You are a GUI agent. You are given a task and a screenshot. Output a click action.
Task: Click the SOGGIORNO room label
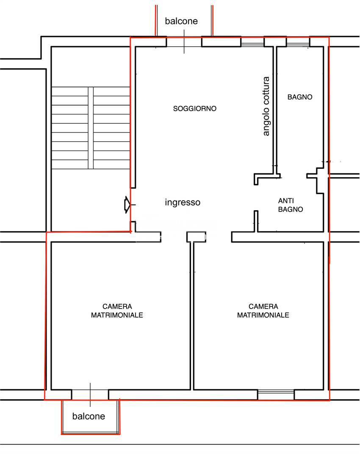[195, 109]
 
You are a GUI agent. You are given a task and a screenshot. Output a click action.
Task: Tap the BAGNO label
[300, 97]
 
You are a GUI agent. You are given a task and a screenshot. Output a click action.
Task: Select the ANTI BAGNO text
[291, 205]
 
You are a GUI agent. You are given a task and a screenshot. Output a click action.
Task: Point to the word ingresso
[183, 202]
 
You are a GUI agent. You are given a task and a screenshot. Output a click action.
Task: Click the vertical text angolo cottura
[266, 106]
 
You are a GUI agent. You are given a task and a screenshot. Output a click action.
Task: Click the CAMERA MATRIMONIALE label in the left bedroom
[117, 311]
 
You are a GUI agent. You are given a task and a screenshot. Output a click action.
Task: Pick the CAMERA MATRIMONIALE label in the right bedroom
[263, 311]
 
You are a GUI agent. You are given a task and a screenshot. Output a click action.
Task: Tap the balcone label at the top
[181, 21]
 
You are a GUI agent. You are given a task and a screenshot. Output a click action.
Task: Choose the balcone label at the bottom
[89, 416]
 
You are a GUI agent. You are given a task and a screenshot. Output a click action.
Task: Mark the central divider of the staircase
[91, 128]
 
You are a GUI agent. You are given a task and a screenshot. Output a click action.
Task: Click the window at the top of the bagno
[298, 42]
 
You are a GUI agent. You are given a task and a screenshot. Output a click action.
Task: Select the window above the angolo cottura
[253, 42]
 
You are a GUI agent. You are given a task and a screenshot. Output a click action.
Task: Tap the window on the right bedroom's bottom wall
[276, 395]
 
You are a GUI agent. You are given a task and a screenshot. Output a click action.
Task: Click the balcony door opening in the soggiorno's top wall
[184, 42]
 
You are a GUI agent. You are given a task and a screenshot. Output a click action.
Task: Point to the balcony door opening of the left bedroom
[90, 395]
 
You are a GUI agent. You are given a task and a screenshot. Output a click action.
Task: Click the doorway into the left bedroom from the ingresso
[174, 237]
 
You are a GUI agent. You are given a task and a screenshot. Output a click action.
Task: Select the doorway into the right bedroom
[219, 237]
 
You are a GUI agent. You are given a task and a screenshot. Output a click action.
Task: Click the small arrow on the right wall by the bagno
[327, 162]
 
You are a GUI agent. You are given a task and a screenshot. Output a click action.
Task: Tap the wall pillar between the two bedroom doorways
[196, 237]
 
